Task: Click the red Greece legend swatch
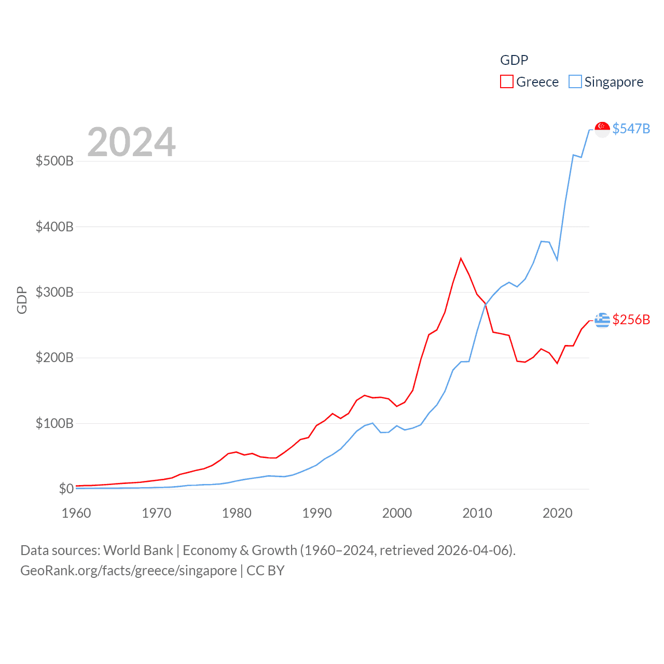(x=506, y=82)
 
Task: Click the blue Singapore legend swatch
(x=575, y=82)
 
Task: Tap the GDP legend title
(x=514, y=60)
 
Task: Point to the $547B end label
(x=631, y=129)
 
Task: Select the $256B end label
(x=631, y=320)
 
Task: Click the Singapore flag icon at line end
(x=602, y=129)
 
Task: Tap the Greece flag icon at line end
(x=602, y=320)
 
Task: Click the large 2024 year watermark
(x=131, y=142)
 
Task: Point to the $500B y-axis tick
(x=54, y=161)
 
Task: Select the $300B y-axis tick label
(x=54, y=292)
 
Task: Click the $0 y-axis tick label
(x=66, y=489)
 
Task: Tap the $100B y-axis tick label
(x=54, y=423)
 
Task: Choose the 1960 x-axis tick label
(x=76, y=513)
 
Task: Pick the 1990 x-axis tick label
(x=317, y=513)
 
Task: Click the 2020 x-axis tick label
(x=557, y=513)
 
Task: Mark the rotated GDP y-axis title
(x=22, y=300)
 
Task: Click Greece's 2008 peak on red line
(x=461, y=258)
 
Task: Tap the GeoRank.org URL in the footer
(x=128, y=571)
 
